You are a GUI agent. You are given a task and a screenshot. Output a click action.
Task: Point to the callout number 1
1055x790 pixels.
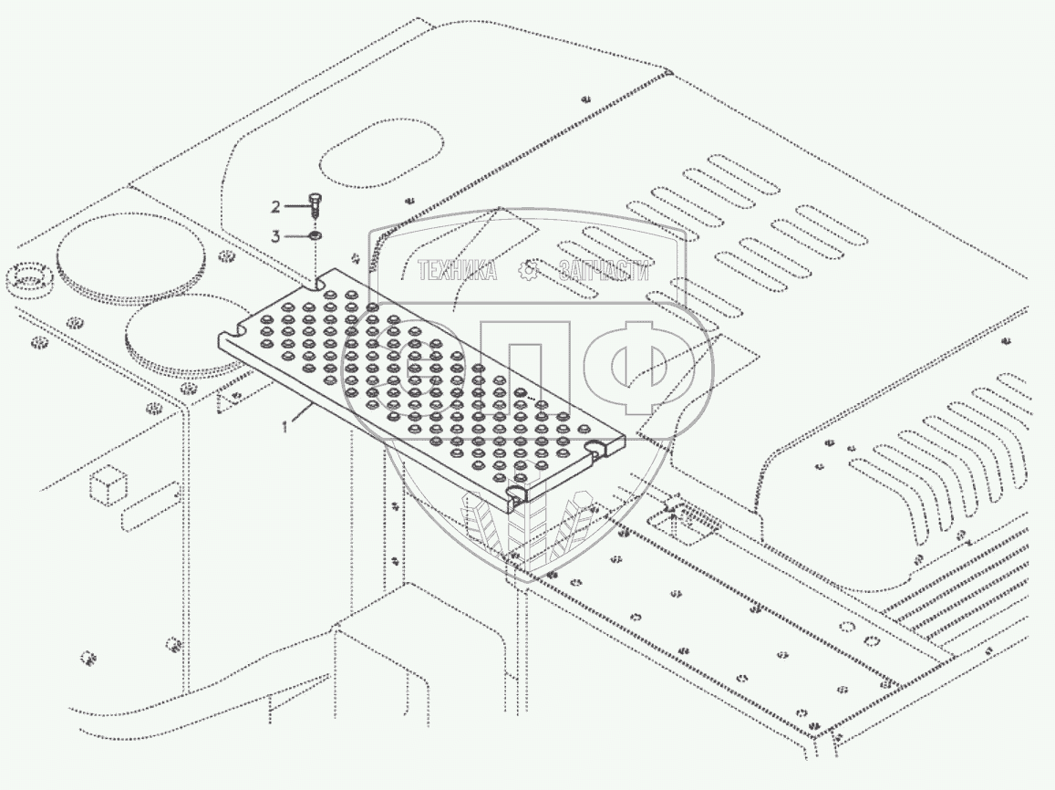coord(285,426)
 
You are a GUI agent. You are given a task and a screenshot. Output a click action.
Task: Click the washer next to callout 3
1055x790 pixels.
coord(315,236)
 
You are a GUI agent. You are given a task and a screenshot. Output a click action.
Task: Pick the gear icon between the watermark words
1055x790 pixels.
coord(528,270)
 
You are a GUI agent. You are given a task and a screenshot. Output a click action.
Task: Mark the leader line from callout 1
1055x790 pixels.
coord(301,416)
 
